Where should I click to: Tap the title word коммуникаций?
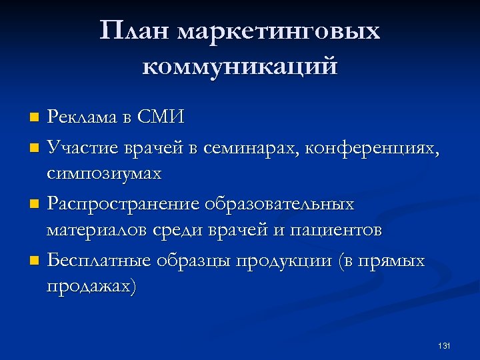pyautogui.click(x=240, y=67)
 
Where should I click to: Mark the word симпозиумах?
pyautogui.click(x=104, y=174)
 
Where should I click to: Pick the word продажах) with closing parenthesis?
pyautogui.click(x=91, y=287)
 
